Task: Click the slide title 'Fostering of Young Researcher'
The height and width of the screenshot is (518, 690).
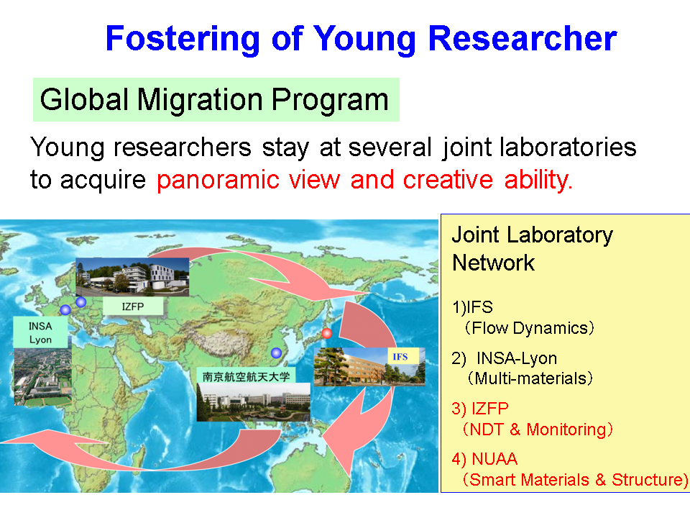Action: pyautogui.click(x=361, y=39)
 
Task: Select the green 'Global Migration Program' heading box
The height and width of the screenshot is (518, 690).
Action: pyautogui.click(x=216, y=99)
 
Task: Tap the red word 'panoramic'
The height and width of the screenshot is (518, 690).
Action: pyautogui.click(x=218, y=180)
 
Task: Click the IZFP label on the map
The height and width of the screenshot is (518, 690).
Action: pyautogui.click(x=133, y=306)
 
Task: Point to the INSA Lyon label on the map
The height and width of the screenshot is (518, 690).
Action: pyautogui.click(x=40, y=332)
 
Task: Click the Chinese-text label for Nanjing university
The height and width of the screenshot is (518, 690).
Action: pyautogui.click(x=246, y=376)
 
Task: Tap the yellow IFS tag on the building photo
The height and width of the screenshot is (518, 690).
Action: pyautogui.click(x=400, y=356)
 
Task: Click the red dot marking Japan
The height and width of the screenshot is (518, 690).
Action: pyautogui.click(x=326, y=333)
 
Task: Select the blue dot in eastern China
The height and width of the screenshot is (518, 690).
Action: pyautogui.click(x=276, y=353)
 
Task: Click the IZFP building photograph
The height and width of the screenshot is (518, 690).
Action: pyautogui.click(x=132, y=276)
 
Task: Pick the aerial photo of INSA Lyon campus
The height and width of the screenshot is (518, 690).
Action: pyautogui.click(x=42, y=376)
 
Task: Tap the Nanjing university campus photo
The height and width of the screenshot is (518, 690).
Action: pyautogui.click(x=253, y=402)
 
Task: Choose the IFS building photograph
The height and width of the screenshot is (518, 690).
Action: pyautogui.click(x=369, y=366)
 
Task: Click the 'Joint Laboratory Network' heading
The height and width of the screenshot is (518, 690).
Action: pyautogui.click(x=533, y=248)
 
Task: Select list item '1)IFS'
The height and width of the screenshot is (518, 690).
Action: pyautogui.click(x=473, y=307)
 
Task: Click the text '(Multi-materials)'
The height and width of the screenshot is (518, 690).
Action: pyautogui.click(x=530, y=378)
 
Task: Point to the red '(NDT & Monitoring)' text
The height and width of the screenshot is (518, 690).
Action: pyautogui.click(x=538, y=429)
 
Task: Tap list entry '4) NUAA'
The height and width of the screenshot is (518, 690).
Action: pyautogui.click(x=484, y=459)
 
